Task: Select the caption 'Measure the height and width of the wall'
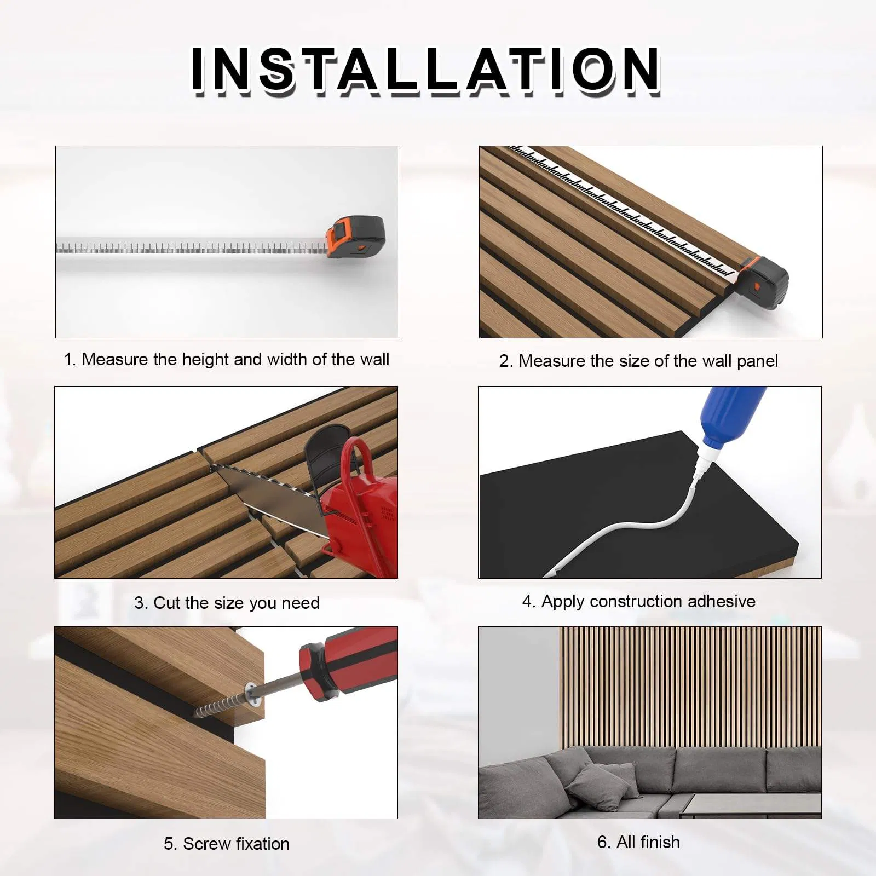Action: [x=226, y=360]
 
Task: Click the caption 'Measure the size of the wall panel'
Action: [x=638, y=361]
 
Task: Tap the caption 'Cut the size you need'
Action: [x=227, y=603]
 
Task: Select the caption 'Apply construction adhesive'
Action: [x=638, y=602]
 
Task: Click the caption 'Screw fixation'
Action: [x=226, y=844]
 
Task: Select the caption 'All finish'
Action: [x=638, y=842]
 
